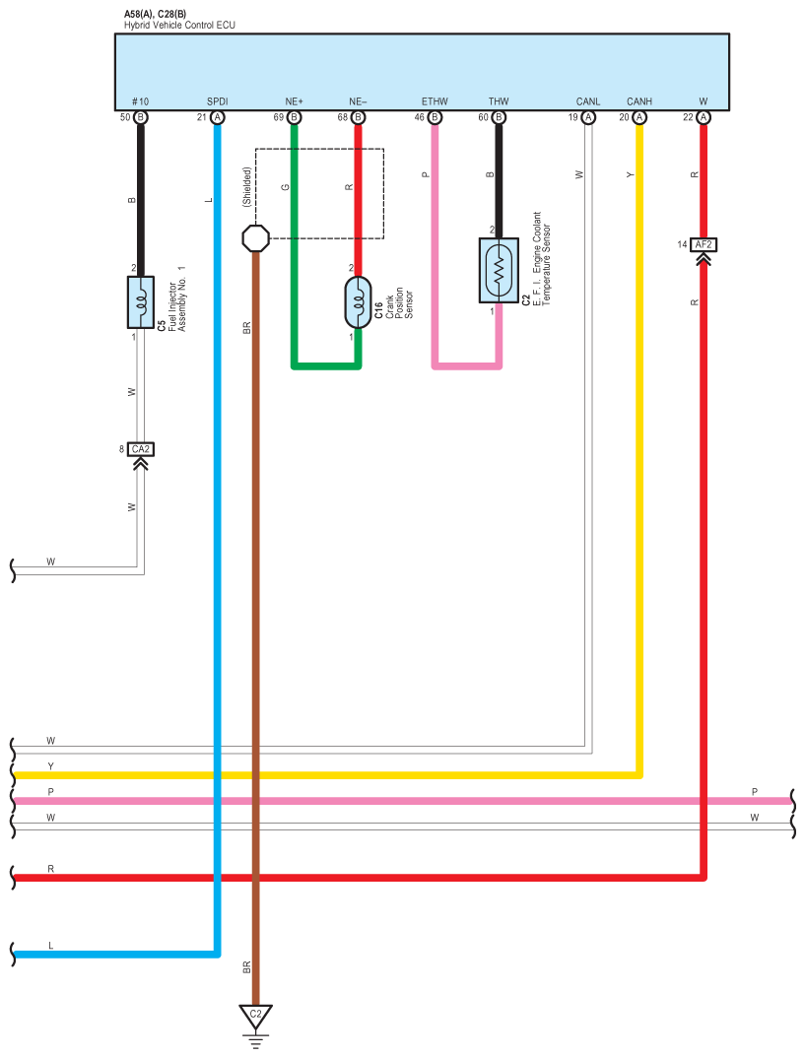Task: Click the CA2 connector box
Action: [x=141, y=449]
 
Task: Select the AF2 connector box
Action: [x=703, y=244]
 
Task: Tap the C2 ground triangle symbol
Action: [x=256, y=1015]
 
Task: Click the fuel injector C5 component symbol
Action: [x=141, y=301]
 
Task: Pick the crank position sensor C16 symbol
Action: [x=358, y=302]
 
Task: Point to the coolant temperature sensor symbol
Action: [x=499, y=270]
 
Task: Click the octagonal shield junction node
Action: [x=255, y=237]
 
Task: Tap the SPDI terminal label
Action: [x=217, y=101]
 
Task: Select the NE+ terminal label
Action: [x=295, y=101]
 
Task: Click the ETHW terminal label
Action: [x=435, y=101]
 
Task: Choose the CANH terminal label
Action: [x=639, y=101]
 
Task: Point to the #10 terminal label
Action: [x=140, y=101]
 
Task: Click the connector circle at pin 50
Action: [x=141, y=117]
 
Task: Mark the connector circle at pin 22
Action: [x=703, y=117]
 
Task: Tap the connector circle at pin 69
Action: [x=295, y=117]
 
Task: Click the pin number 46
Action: [x=420, y=118]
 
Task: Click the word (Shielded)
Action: [x=247, y=186]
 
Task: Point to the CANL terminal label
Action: [x=588, y=101]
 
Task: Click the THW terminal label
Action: [x=499, y=101]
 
